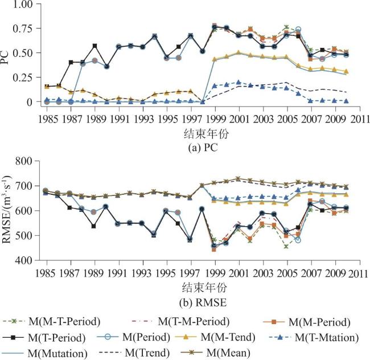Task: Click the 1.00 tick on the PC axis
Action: point(22,5)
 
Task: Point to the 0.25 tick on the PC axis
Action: point(22,77)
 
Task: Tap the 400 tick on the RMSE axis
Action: point(25,261)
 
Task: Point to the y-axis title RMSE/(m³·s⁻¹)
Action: point(7,211)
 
